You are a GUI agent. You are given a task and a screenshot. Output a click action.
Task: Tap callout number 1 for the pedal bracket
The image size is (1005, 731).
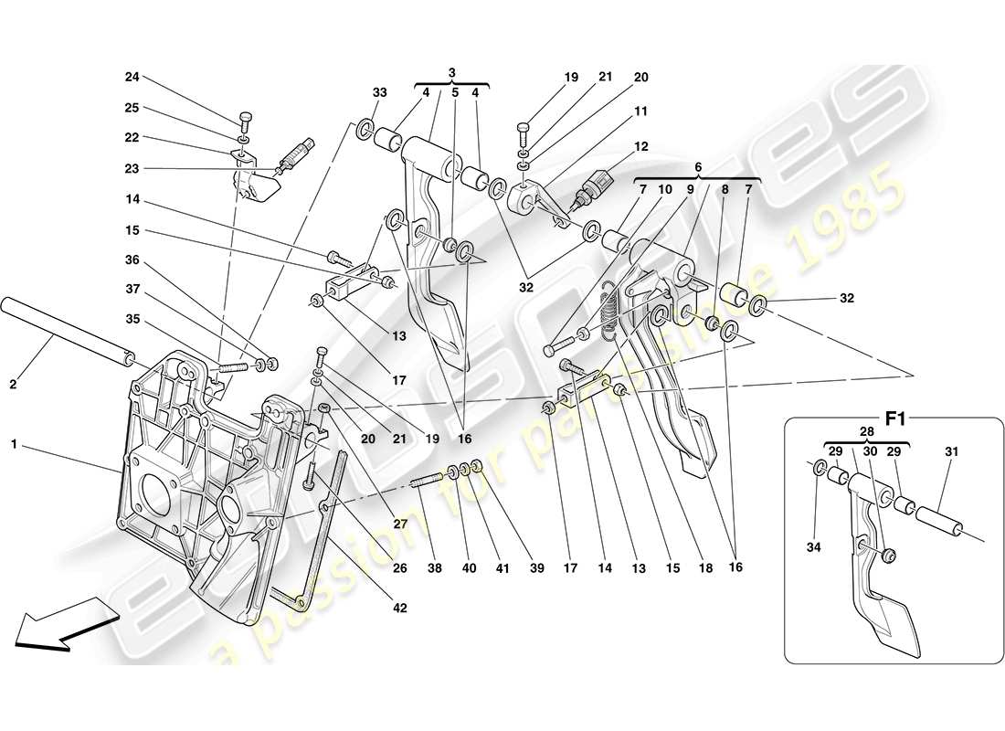[14, 444]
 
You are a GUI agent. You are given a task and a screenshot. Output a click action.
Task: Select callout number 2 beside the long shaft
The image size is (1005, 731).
[14, 385]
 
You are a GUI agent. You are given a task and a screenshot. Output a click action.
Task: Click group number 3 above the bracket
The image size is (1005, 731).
[451, 71]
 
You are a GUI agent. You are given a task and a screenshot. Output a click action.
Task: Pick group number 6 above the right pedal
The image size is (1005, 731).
[697, 168]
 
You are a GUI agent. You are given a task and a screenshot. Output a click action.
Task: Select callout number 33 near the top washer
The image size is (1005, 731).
[379, 92]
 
